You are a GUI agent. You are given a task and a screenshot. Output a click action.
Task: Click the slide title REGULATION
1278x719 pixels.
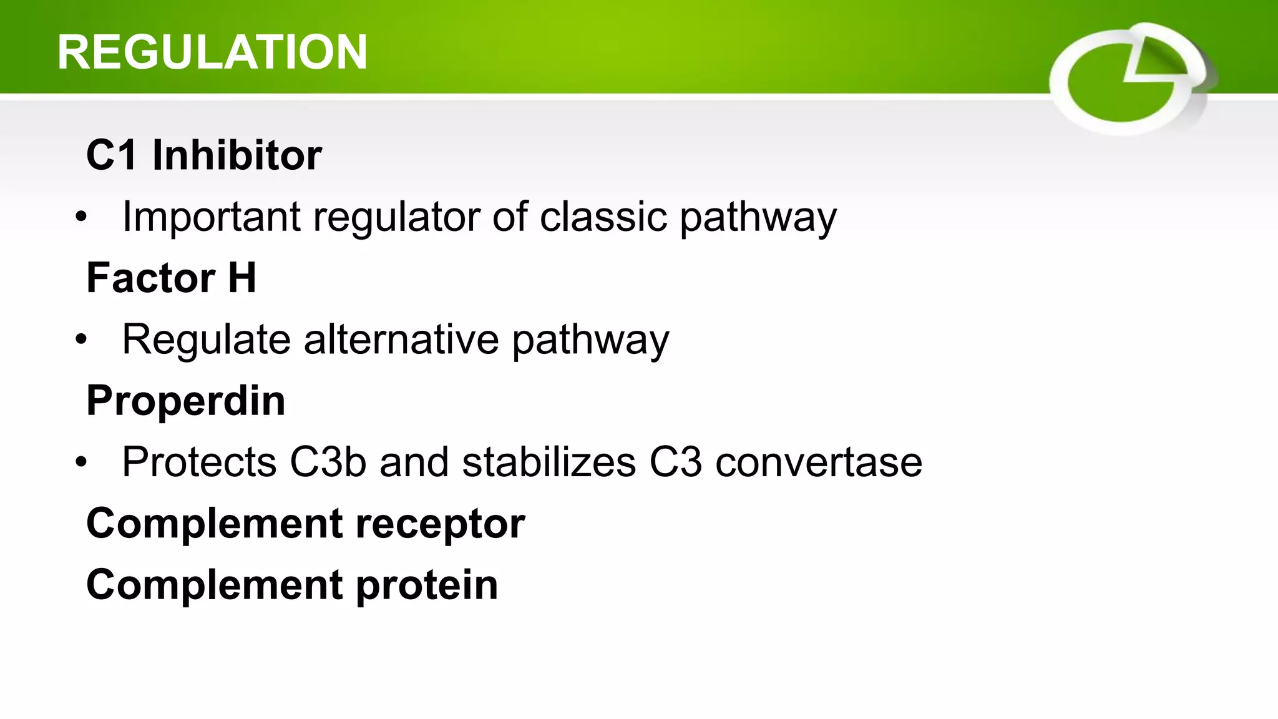point(212,52)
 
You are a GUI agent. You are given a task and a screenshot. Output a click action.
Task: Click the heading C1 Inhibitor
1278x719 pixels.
point(204,155)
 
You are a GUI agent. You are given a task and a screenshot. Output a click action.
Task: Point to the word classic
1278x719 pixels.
point(603,217)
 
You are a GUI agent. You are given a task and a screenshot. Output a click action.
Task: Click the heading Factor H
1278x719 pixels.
point(171,278)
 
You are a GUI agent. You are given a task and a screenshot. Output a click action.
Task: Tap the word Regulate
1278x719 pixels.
point(206,340)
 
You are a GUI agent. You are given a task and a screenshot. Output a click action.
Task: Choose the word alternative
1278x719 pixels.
point(401,340)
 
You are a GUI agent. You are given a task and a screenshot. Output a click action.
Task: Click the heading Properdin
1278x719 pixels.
point(186,401)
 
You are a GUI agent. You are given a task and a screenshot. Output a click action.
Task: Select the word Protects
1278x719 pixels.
point(199,462)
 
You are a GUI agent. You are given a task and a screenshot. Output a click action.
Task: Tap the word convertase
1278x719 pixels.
point(818,462)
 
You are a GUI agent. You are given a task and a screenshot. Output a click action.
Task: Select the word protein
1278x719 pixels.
point(427,585)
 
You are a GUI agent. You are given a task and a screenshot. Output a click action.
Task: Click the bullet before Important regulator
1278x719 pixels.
point(81,218)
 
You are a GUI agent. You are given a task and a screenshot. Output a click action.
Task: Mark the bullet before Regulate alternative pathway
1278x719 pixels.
point(81,341)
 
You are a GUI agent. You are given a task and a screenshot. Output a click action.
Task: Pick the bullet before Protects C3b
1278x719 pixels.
point(81,464)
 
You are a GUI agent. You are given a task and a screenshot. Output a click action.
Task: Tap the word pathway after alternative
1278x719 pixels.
point(590,341)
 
